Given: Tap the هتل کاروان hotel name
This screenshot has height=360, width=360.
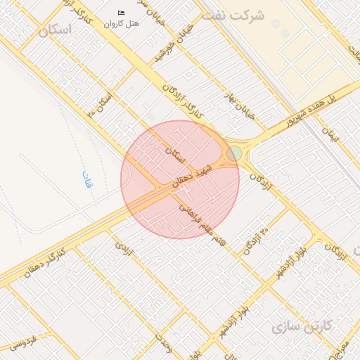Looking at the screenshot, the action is pyautogui.click(x=122, y=23).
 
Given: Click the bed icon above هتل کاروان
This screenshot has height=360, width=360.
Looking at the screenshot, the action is pyautogui.click(x=122, y=13).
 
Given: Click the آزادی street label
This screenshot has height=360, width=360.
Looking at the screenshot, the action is pyautogui.click(x=124, y=248).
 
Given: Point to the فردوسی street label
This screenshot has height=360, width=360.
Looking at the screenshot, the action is pyautogui.click(x=23, y=343).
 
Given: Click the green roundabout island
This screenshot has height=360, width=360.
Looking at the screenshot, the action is pyautogui.click(x=234, y=153).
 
